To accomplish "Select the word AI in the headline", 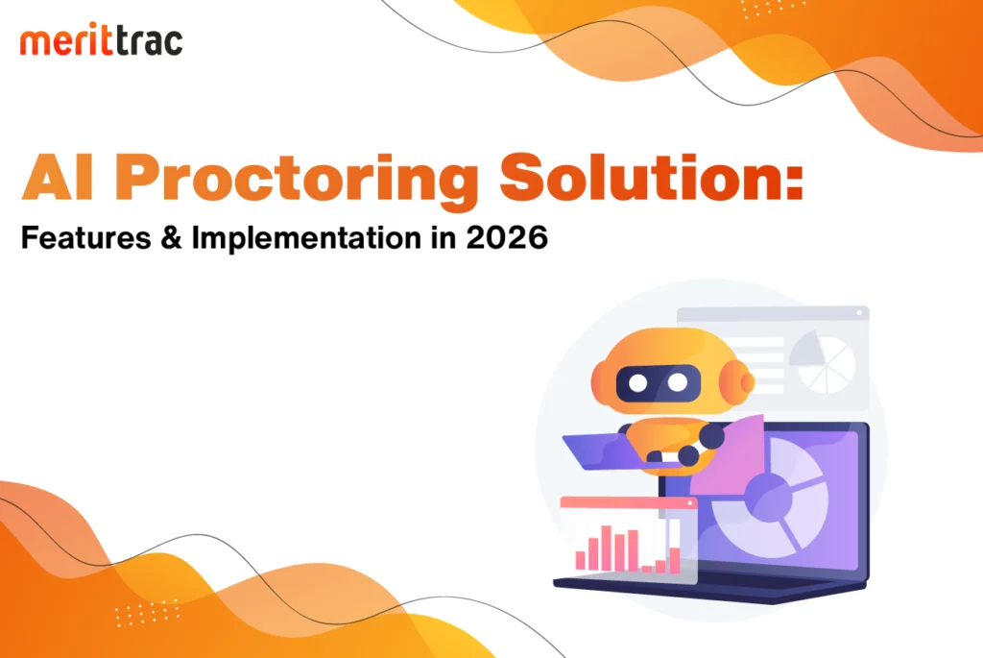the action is (x=58, y=178).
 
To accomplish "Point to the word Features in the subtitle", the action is (x=85, y=237).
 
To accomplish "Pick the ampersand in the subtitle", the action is (x=171, y=237).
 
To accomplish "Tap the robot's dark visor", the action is (x=659, y=382).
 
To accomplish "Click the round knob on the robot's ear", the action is (x=746, y=381).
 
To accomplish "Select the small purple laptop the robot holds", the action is (x=601, y=451).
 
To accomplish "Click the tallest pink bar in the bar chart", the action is (x=606, y=548).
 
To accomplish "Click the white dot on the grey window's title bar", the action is (x=859, y=312).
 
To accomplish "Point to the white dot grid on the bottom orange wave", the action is (x=147, y=613).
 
